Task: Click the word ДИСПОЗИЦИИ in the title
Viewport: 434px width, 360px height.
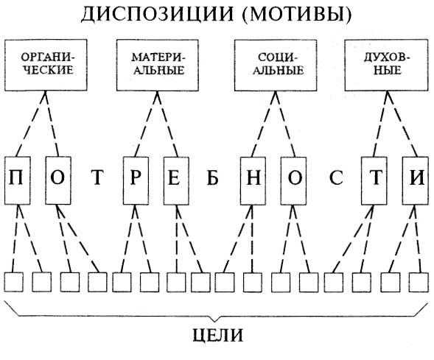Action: click(x=158, y=14)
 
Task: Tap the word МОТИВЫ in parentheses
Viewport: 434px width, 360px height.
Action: click(x=296, y=14)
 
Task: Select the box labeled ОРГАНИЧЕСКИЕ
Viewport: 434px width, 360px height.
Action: click(x=46, y=66)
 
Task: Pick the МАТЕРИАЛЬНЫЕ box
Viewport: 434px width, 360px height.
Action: click(x=158, y=66)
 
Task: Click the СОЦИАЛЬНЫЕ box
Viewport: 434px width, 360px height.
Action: click(x=276, y=66)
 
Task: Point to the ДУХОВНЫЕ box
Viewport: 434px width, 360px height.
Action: click(x=387, y=66)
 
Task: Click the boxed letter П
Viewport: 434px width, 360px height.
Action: click(x=17, y=180)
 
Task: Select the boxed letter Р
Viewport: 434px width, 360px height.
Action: click(x=136, y=180)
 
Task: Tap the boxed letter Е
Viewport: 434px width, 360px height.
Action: click(x=176, y=180)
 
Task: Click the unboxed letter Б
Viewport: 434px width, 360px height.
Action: click(x=212, y=177)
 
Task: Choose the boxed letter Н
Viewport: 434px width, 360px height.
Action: click(x=253, y=180)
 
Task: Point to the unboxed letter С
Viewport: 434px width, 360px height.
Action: click(x=336, y=177)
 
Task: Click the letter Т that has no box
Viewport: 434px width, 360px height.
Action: click(x=97, y=177)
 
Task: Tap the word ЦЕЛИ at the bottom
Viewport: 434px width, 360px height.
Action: click(x=217, y=336)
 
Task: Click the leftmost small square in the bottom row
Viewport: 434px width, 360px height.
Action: click(x=13, y=282)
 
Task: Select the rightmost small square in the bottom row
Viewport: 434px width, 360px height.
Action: click(x=419, y=282)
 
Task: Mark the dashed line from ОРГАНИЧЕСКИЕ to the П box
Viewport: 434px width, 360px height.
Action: click(x=31, y=124)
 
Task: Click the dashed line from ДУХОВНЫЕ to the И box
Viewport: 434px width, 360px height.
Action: click(x=402, y=124)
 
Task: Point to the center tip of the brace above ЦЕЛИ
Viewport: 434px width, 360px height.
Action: click(x=214, y=322)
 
